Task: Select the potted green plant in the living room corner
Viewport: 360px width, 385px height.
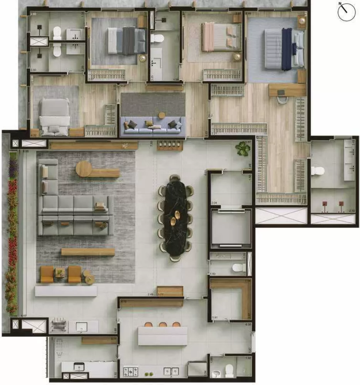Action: (243, 149)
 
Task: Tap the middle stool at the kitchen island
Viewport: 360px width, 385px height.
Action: (163, 325)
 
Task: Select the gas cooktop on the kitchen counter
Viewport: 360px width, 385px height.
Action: (131, 372)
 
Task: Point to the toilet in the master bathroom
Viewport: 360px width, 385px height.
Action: (318, 171)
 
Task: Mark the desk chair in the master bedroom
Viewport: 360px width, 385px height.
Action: (283, 99)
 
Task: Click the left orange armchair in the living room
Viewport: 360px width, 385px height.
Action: (47, 274)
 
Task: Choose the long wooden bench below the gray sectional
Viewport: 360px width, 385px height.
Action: (88, 252)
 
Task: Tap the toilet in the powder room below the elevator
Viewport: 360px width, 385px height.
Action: (239, 267)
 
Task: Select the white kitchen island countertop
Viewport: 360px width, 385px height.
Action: (162, 336)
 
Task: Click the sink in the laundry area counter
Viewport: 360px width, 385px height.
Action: (82, 327)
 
